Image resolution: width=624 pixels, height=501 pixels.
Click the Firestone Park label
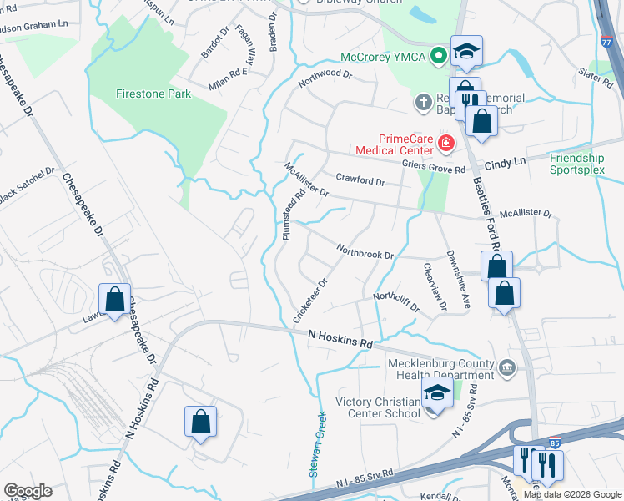pos(153,94)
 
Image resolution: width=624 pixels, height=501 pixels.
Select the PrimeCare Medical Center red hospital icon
pos(446,144)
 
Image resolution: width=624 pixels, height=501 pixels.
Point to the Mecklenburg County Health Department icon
pos(506,368)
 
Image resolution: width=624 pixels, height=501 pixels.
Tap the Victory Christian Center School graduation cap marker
pos(437,392)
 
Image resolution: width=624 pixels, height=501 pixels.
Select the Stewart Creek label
pos(317,444)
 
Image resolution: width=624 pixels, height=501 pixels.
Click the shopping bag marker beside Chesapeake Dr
pos(114,299)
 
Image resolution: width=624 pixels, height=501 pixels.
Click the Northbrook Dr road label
pos(365,250)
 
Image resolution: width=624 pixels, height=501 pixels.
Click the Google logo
pos(28,491)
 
